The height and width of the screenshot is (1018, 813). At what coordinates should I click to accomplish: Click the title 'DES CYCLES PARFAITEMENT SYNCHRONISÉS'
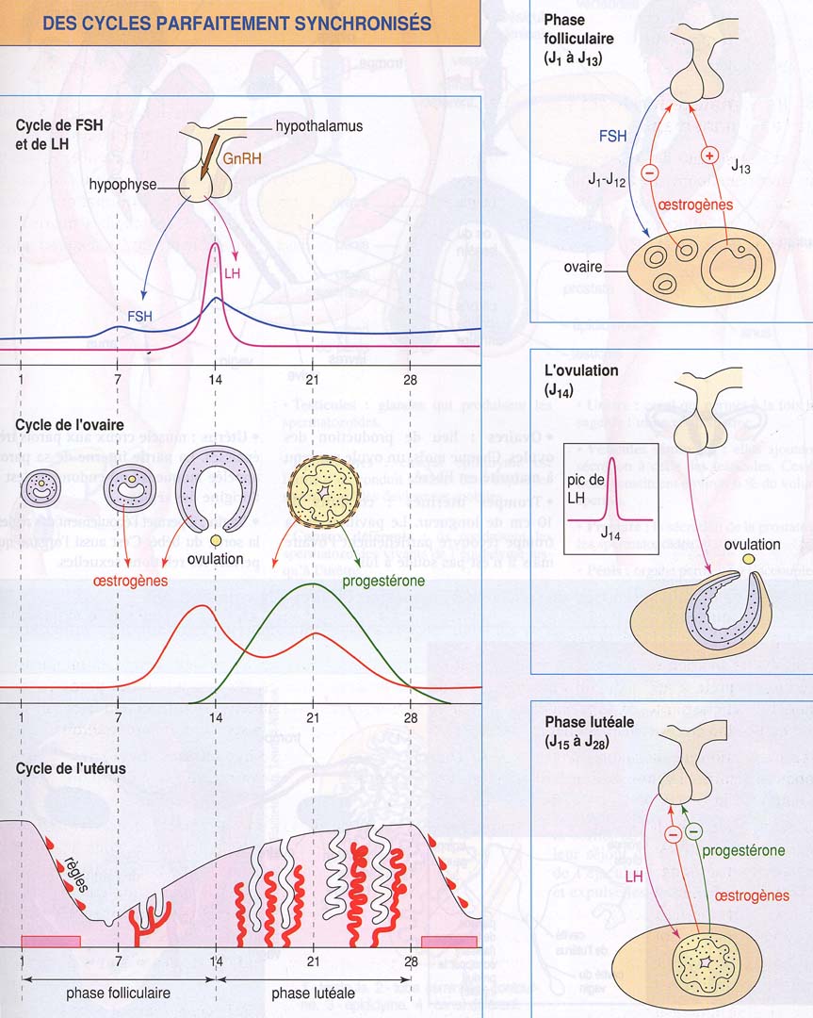click(x=237, y=23)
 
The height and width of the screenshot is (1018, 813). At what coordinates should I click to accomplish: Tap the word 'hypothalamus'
click(x=318, y=125)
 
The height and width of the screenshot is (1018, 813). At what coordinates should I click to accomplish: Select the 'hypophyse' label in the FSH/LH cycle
click(x=123, y=185)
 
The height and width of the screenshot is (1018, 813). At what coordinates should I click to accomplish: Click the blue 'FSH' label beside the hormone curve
click(x=141, y=316)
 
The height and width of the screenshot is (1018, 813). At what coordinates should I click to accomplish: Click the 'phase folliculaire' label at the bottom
click(x=118, y=993)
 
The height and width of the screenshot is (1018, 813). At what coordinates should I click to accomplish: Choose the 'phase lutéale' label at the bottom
click(x=314, y=993)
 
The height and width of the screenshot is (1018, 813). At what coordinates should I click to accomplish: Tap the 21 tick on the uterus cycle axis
click(x=313, y=961)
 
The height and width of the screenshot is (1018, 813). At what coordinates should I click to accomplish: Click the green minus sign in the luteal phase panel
click(x=693, y=832)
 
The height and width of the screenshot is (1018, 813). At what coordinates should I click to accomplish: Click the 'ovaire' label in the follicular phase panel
click(x=582, y=268)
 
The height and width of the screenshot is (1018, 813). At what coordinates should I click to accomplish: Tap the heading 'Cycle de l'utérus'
click(x=71, y=768)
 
